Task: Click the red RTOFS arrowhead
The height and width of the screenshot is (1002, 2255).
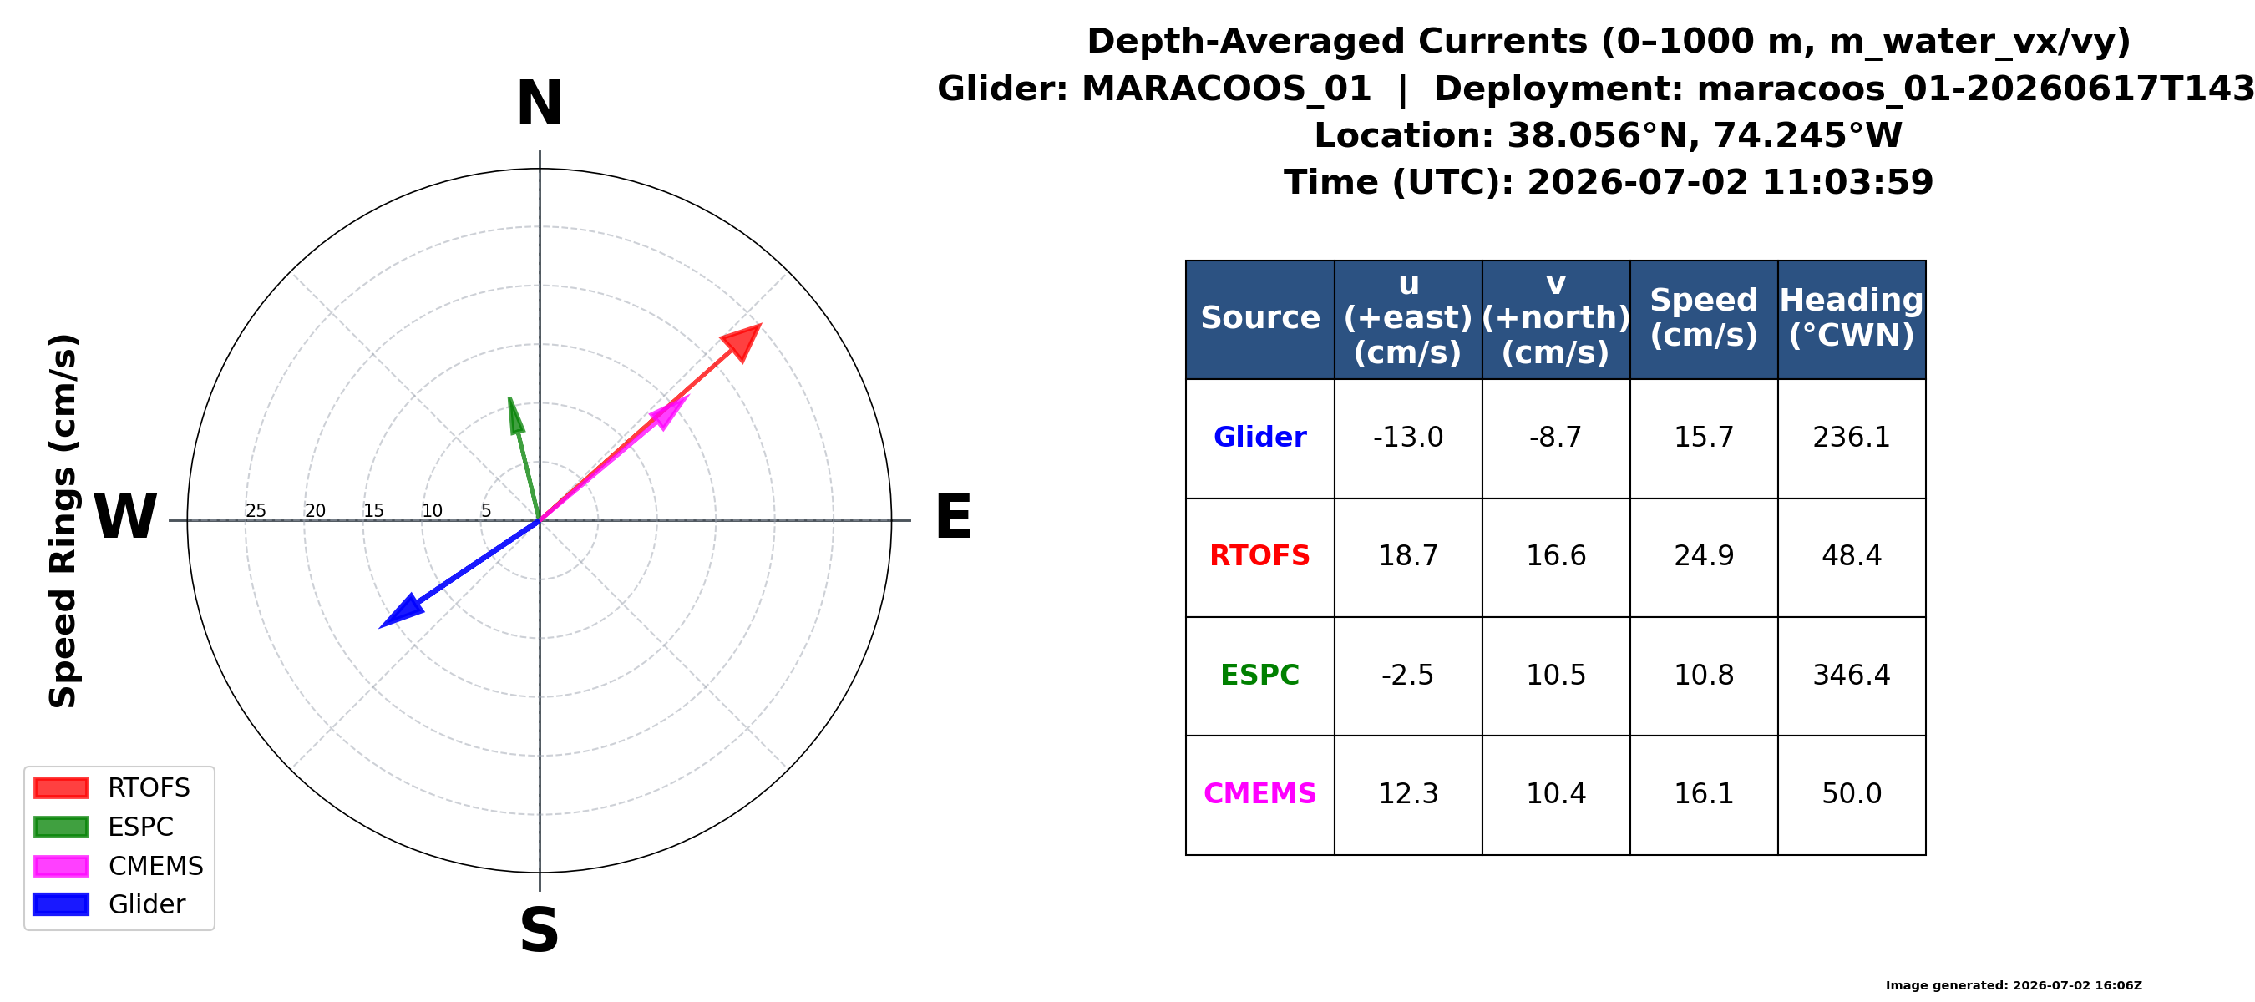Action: coord(744,341)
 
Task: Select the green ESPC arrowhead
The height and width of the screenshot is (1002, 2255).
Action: coord(515,416)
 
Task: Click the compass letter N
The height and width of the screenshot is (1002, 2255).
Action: coord(540,104)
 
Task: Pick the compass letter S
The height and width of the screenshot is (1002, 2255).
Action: coord(540,929)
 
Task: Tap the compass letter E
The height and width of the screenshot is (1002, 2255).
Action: coord(953,517)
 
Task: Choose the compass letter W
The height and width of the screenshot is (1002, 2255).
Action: coord(125,517)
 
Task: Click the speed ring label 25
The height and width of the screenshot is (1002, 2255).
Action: coord(256,511)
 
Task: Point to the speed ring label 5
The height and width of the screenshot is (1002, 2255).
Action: coord(487,511)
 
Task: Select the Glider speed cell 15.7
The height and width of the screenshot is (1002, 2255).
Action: coord(1704,438)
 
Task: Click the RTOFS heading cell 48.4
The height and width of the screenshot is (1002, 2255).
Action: coord(1852,557)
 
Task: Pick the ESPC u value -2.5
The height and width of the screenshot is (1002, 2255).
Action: coord(1407,676)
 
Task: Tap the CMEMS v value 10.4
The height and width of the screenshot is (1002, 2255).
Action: coord(1556,794)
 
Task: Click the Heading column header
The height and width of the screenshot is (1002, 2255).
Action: coord(1852,317)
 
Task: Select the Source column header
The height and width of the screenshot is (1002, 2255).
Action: coord(1259,317)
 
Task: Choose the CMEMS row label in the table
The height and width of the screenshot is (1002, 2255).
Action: coord(1259,794)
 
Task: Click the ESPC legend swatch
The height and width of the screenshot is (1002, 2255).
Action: coord(60,827)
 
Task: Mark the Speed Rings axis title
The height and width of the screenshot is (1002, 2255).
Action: coord(63,521)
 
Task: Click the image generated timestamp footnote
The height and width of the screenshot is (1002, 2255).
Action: coord(2014,985)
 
